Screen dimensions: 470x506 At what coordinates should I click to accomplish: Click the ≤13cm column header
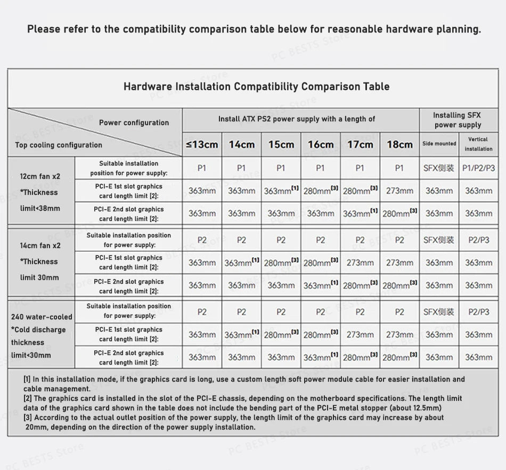pos(202,144)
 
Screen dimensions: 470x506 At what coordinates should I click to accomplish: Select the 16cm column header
pos(321,144)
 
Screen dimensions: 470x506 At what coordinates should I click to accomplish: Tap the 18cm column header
pos(399,144)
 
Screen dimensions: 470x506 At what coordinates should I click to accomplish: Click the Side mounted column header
pos(439,144)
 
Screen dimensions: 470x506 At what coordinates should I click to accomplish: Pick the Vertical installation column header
pos(478,144)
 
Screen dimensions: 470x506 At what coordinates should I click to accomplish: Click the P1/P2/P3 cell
pos(478,168)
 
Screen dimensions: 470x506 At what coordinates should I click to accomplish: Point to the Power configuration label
pos(134,122)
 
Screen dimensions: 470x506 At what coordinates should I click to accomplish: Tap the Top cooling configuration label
pos(59,145)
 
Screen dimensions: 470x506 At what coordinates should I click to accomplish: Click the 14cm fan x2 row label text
pos(40,245)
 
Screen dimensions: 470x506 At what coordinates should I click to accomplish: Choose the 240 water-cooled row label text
pos(42,317)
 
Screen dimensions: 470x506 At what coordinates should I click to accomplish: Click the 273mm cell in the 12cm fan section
pos(399,191)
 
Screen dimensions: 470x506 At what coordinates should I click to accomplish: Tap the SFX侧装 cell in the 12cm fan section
pos(439,168)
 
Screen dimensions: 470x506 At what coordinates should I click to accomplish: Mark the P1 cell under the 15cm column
pos(281,168)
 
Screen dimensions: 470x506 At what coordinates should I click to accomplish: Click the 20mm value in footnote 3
pos(36,427)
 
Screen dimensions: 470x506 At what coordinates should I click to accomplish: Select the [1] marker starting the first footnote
pos(27,380)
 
